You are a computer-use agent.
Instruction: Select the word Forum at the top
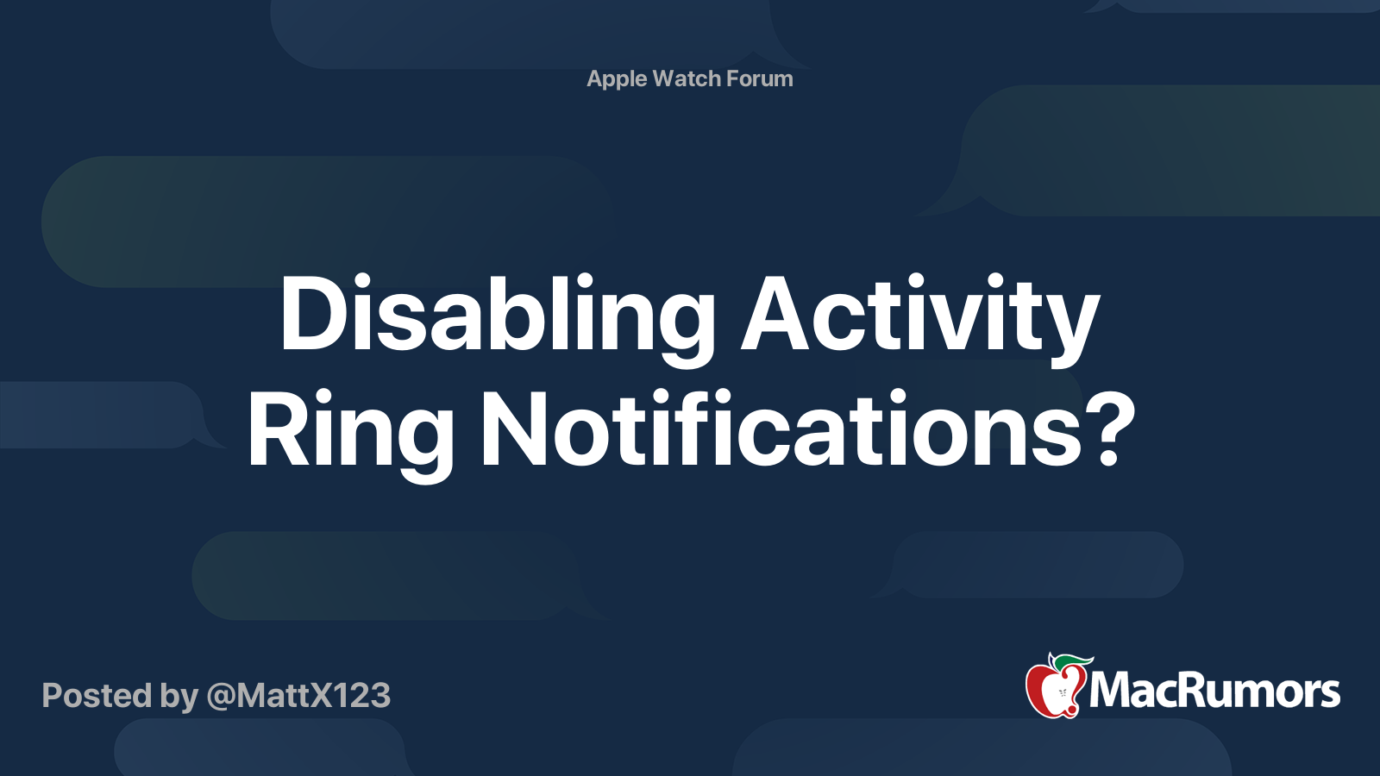click(760, 78)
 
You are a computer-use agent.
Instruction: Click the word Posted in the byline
click(97, 695)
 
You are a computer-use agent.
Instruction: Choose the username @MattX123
click(298, 696)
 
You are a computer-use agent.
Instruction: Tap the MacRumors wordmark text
click(1214, 691)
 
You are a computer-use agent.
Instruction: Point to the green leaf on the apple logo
click(1070, 663)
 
